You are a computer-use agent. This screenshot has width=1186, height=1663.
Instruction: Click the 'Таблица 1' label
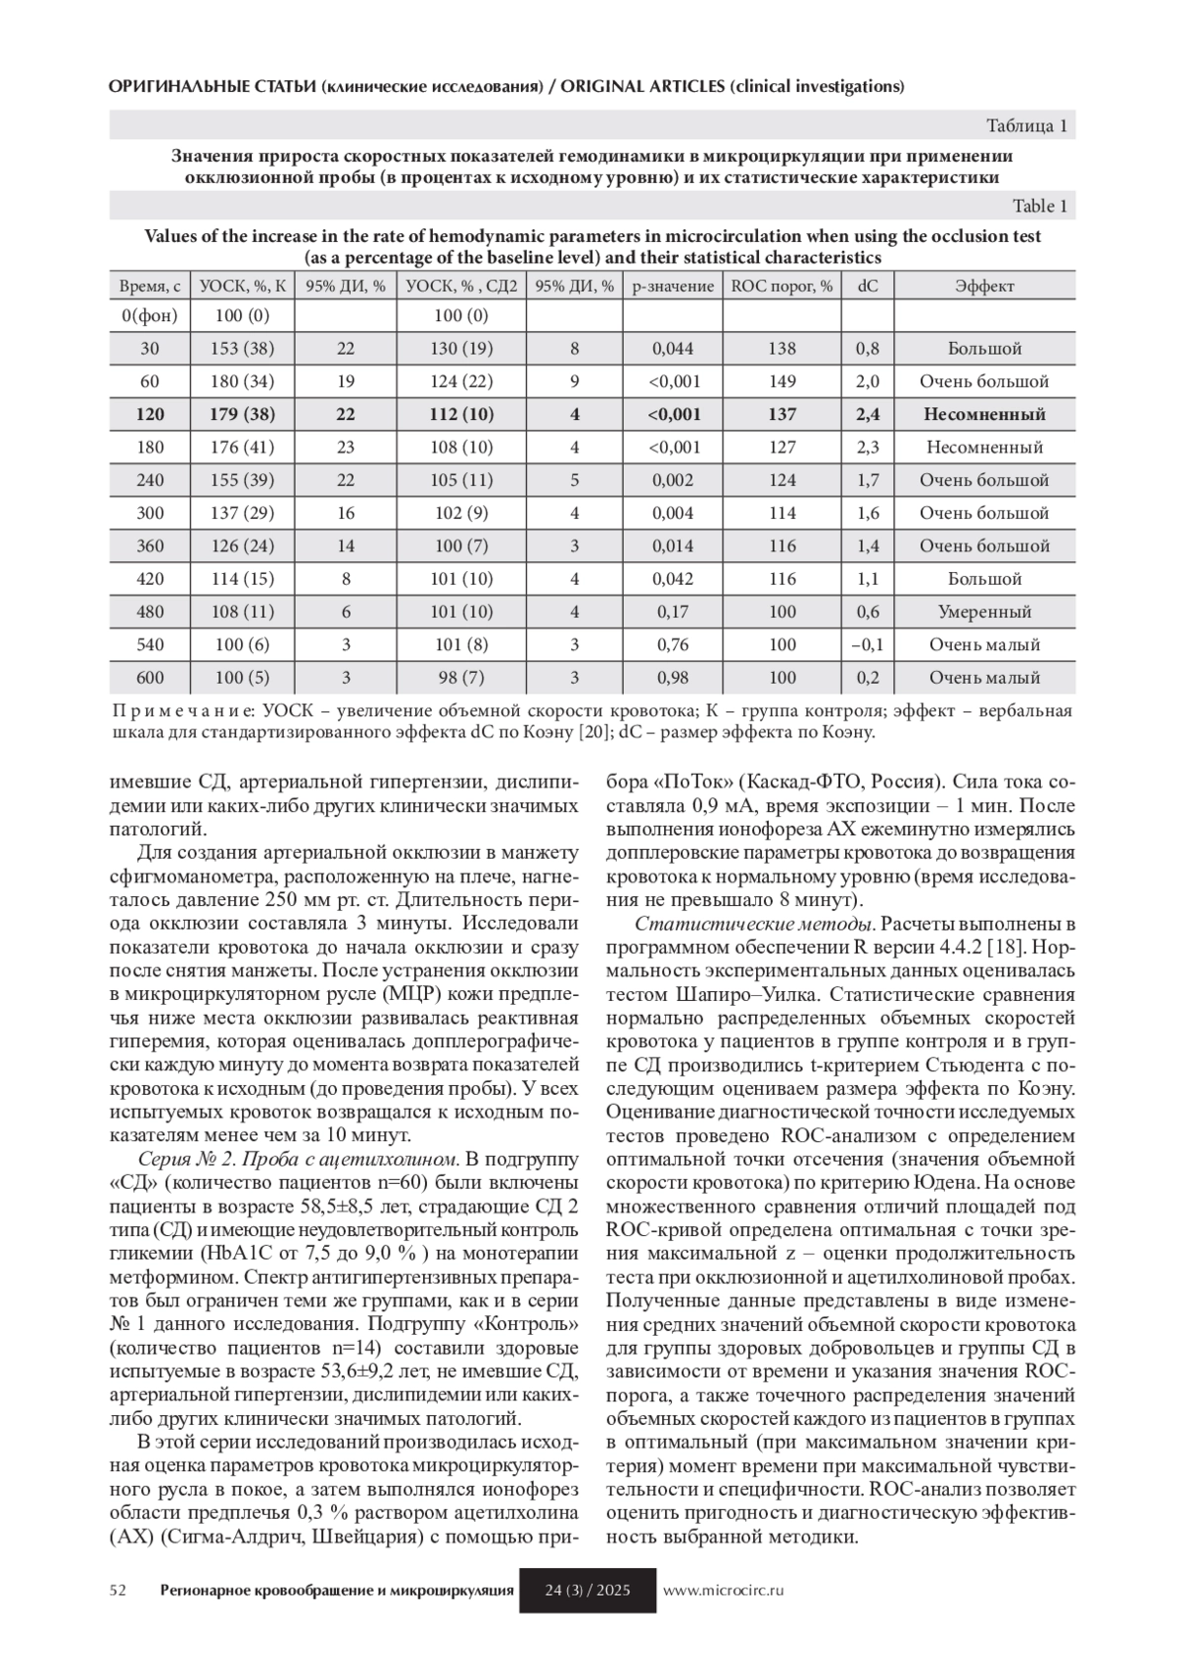pos(1027,125)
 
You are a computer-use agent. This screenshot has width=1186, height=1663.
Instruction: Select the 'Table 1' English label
pos(1040,207)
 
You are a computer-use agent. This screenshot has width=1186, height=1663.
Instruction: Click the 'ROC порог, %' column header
pos(782,287)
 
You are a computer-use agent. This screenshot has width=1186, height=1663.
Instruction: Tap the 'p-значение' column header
pos(673,287)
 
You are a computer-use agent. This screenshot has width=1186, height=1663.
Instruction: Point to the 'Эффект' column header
pos(984,287)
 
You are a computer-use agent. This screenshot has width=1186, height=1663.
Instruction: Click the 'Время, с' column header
pos(150,287)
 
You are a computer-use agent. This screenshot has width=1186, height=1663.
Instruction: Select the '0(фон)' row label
pos(150,316)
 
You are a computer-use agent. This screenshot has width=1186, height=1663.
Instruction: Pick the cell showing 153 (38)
pos(242,349)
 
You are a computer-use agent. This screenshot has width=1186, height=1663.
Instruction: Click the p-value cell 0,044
pos(673,349)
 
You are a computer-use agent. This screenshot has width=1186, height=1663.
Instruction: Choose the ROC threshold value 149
pos(782,381)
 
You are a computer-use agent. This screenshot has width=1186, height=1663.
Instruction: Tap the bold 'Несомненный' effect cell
pos(984,415)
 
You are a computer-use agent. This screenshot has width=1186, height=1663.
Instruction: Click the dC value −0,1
pos(868,645)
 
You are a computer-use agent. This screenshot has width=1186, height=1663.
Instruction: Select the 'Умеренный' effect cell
pos(984,613)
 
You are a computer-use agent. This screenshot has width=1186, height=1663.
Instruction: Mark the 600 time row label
pos(150,678)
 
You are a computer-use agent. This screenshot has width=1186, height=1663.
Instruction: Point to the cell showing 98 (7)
pos(462,678)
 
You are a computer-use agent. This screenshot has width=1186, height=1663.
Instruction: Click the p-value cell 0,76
pos(673,645)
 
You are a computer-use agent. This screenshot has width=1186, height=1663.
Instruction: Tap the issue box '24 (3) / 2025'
pos(588,1591)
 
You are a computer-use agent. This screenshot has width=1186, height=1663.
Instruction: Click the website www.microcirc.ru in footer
pos(723,1591)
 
